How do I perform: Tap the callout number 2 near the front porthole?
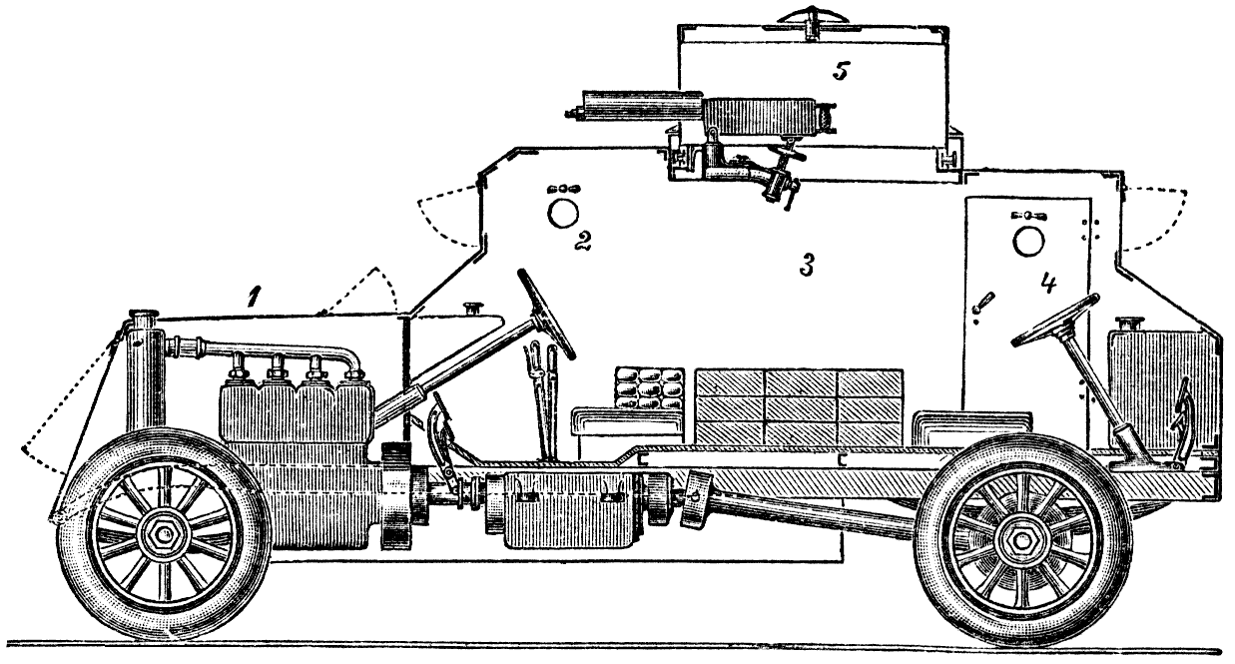582,241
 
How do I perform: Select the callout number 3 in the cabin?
806,265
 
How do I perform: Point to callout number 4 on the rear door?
1048,284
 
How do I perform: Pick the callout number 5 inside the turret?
842,71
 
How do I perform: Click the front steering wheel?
546,315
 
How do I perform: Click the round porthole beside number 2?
563,214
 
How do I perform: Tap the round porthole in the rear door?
1028,241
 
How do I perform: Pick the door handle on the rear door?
984,302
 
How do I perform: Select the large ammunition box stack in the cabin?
800,407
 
